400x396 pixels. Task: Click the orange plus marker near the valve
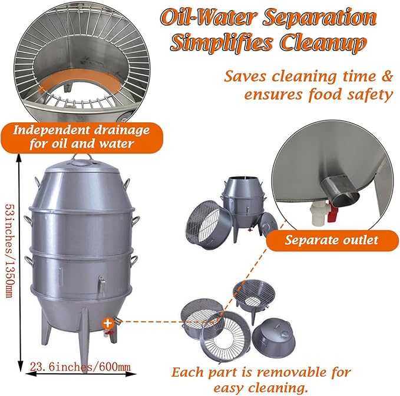108,324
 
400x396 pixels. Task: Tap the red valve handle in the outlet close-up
333,209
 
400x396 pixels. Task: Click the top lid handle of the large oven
82,157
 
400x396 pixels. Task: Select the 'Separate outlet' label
332,240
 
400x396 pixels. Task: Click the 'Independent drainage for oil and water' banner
82,137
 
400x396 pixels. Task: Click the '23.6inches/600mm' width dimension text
80,367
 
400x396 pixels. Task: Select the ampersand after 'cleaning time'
385,76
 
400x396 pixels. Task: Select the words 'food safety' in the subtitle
350,95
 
